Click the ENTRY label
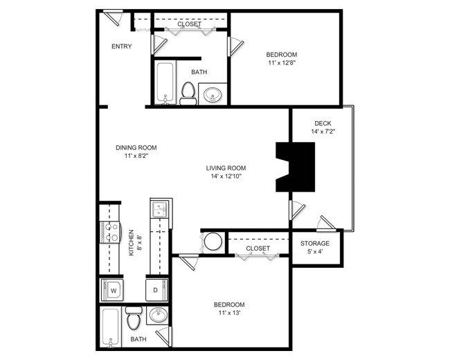tap(121, 46)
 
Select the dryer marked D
tap(155, 289)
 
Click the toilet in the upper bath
tap(188, 92)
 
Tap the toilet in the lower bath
tap(134, 319)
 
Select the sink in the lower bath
tap(159, 316)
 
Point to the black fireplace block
tap(295, 167)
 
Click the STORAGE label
tap(314, 244)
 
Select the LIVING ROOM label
tap(226, 168)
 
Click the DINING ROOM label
tap(136, 147)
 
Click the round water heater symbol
tap(213, 242)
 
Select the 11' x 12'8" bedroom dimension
tap(282, 64)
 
